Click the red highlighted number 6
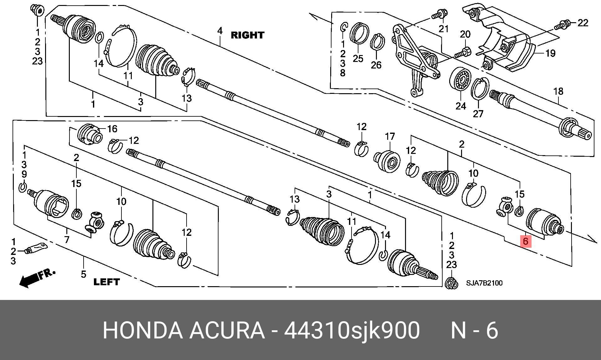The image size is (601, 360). point(526,241)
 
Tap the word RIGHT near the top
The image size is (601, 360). point(247,35)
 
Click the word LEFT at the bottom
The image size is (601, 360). point(106,282)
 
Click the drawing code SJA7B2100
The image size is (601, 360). point(484,283)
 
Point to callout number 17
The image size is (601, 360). point(390,137)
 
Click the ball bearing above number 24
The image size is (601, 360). point(460,83)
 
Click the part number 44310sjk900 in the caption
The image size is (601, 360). point(352,330)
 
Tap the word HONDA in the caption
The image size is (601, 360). point(143,330)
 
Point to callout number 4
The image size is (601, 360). point(220,31)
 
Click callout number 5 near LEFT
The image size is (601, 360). point(83,274)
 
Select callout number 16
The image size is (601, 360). point(112,129)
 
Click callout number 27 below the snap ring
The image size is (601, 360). point(478,114)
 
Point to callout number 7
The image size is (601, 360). point(67,240)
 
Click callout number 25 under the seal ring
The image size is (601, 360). point(358,58)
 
